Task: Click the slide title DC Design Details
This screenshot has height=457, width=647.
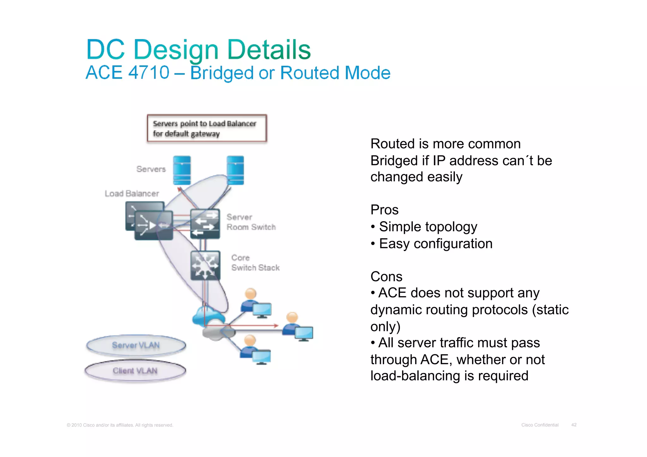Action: pos(198,50)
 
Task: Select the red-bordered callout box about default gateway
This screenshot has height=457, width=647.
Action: pos(207,128)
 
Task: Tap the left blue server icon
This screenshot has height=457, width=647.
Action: pos(182,170)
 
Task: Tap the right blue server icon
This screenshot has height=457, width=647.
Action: pos(235,170)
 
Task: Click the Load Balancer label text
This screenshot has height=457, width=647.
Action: pos(132,194)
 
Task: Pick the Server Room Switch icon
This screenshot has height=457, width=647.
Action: pos(205,224)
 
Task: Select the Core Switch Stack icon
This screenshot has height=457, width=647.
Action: pos(205,265)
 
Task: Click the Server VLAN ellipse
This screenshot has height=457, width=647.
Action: pos(136,345)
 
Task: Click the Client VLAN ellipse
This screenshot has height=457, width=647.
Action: pos(135,370)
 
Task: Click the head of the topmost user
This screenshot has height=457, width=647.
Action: pos(251,293)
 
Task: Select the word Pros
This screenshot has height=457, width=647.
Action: pos(384,210)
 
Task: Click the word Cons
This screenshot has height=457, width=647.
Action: pos(386,277)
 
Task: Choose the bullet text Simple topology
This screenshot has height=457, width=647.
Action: pos(428,227)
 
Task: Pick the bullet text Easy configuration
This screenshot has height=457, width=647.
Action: pos(435,244)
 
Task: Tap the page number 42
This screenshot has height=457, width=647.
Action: pos(574,425)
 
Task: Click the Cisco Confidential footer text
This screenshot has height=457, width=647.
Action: pos(540,425)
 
